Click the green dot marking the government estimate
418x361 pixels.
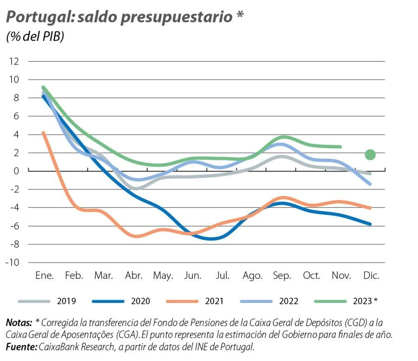tap(370, 155)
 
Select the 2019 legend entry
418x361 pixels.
tap(66, 301)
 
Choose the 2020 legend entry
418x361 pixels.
tap(140, 301)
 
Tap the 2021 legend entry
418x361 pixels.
tap(214, 301)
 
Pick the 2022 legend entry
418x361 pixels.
tap(288, 301)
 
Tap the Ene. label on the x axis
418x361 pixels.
tap(45, 276)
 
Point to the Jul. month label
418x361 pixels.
tap(222, 276)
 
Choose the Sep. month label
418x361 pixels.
tap(282, 276)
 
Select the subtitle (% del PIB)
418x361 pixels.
tap(35, 37)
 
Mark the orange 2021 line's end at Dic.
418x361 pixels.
tap(370, 208)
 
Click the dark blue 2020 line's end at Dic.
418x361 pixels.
tap(370, 224)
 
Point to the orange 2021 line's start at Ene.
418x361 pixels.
tap(43, 133)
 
